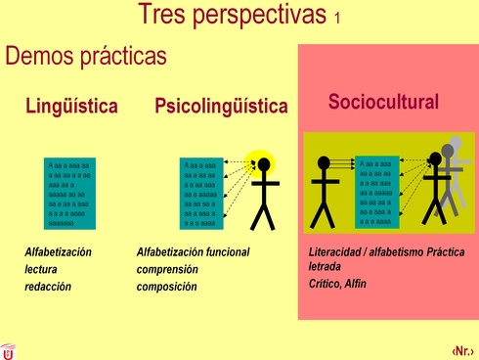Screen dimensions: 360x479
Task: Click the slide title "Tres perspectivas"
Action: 232,15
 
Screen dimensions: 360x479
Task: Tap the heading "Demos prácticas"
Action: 86,56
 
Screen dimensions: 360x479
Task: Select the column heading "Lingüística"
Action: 71,107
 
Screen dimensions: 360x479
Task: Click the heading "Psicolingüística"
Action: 221,107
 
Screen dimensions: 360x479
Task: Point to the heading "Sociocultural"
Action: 383,102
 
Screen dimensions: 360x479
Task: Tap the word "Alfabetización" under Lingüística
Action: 58,252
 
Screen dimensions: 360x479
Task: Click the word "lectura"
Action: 42,269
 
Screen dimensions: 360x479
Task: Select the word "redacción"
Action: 49,287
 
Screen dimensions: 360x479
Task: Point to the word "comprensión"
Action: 167,269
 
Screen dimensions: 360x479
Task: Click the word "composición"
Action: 166,287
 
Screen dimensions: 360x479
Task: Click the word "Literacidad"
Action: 333,252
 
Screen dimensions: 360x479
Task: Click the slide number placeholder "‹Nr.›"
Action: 463,349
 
